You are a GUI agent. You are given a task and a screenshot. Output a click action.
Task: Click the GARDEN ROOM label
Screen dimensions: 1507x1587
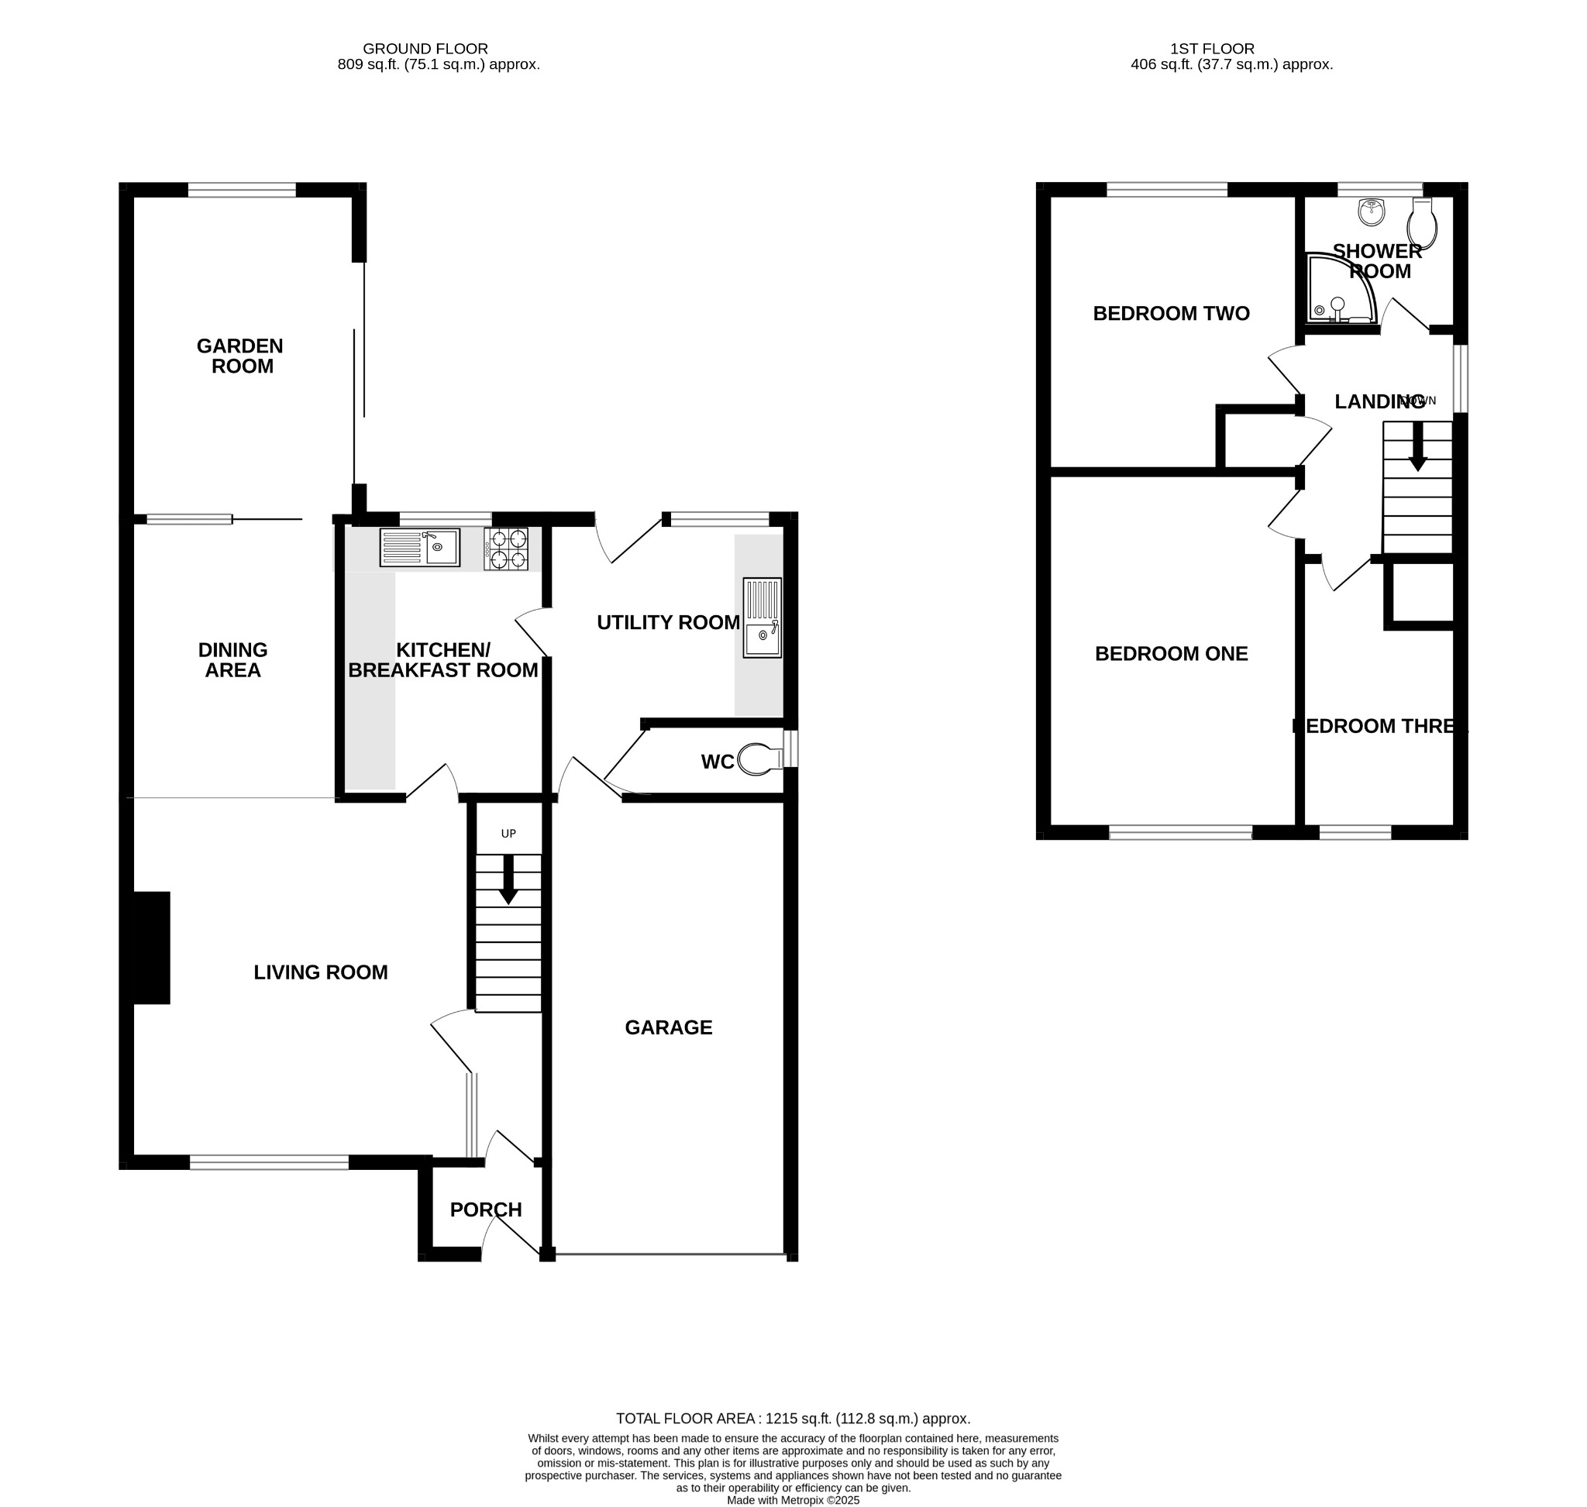click(240, 356)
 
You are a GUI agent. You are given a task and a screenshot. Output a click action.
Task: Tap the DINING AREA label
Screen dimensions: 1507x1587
click(233, 659)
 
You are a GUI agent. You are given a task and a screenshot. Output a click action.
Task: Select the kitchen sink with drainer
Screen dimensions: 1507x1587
click(419, 547)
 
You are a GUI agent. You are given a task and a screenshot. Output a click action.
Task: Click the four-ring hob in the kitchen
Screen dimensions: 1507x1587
click(505, 549)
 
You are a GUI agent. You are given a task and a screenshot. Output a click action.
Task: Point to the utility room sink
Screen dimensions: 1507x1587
click(761, 617)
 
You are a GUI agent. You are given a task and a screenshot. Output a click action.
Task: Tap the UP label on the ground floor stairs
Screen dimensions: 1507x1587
click(508, 834)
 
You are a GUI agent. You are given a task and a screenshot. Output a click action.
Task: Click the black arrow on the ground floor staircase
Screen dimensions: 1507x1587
click(508, 879)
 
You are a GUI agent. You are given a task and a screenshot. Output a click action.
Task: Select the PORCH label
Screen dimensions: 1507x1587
click(485, 1209)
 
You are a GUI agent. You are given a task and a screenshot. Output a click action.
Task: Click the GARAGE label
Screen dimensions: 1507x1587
click(668, 1027)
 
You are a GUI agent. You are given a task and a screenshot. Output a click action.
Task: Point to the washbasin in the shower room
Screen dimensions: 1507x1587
click(1371, 213)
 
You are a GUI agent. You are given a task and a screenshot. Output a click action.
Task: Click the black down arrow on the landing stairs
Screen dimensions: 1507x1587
click(1417, 446)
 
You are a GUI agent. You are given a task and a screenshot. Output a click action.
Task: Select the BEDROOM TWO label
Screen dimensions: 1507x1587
click(1171, 313)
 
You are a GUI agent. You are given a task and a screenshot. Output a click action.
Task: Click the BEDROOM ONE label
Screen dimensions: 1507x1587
click(1171, 654)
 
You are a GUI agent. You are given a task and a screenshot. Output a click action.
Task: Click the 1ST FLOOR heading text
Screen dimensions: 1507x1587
click(1212, 49)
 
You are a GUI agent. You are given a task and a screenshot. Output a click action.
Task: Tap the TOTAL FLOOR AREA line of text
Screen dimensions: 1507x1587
click(792, 1419)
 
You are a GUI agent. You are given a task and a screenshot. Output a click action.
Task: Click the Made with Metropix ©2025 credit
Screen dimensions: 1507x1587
click(792, 1500)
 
